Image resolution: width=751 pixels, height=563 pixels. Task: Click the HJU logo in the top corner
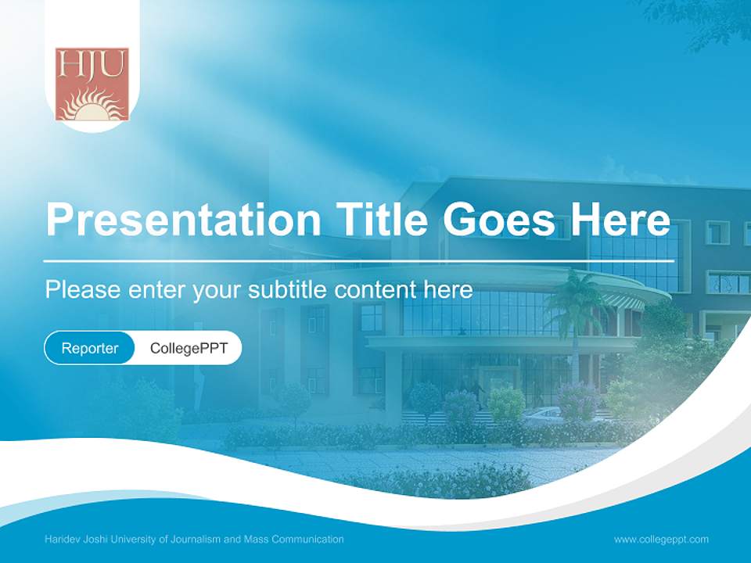pos(92,84)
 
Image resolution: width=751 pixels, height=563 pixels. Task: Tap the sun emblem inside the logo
pos(92,107)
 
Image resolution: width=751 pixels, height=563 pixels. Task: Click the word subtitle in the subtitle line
pos(289,290)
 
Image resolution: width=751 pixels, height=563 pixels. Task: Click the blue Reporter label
pos(90,348)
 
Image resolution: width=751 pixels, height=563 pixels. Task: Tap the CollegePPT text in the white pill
pos(189,348)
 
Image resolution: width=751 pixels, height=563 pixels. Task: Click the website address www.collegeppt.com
pos(661,540)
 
